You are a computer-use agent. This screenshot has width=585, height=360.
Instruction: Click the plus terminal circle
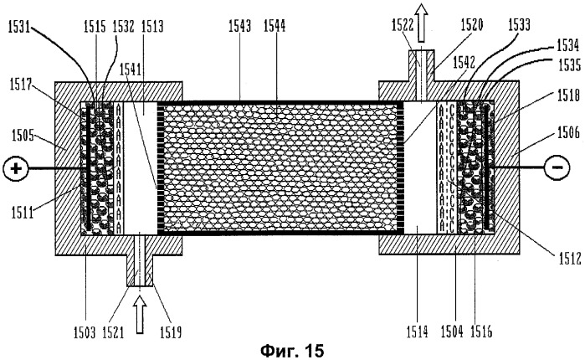pos(16,168)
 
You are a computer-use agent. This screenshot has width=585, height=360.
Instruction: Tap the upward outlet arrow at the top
pos(422,22)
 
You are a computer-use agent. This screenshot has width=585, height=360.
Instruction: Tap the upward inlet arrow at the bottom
pos(140,314)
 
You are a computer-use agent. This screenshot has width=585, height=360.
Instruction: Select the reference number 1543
pos(239,26)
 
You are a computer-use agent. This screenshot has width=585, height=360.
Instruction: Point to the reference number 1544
pos(275,26)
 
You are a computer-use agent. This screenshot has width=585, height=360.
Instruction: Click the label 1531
pos(19,28)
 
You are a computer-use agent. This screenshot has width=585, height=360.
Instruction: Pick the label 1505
pos(23,135)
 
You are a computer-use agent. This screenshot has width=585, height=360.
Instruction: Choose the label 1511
pos(23,213)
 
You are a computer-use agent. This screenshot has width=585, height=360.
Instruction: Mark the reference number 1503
pos(85,332)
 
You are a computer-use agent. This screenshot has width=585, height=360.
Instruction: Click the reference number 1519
pos(171,332)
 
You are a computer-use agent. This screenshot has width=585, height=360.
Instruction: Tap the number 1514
pos(417,332)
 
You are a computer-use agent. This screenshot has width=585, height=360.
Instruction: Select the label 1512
pos(570,258)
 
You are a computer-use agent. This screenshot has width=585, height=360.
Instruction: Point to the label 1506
pos(568,131)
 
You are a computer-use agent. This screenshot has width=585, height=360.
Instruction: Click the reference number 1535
pos(570,65)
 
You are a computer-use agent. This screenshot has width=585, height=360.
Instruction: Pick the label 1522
pos(403,25)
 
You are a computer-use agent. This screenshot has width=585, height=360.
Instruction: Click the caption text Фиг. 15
pos(292,351)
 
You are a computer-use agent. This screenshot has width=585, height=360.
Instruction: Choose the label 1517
pos(21,85)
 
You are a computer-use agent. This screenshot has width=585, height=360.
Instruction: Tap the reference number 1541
pos(131,69)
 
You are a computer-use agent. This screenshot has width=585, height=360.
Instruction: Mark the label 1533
pos(519,25)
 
